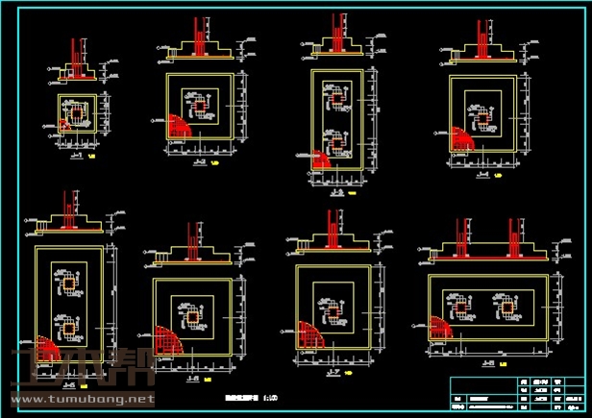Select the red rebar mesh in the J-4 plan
point(460,137)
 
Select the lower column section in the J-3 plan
point(336,140)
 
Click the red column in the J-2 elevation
point(197,37)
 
